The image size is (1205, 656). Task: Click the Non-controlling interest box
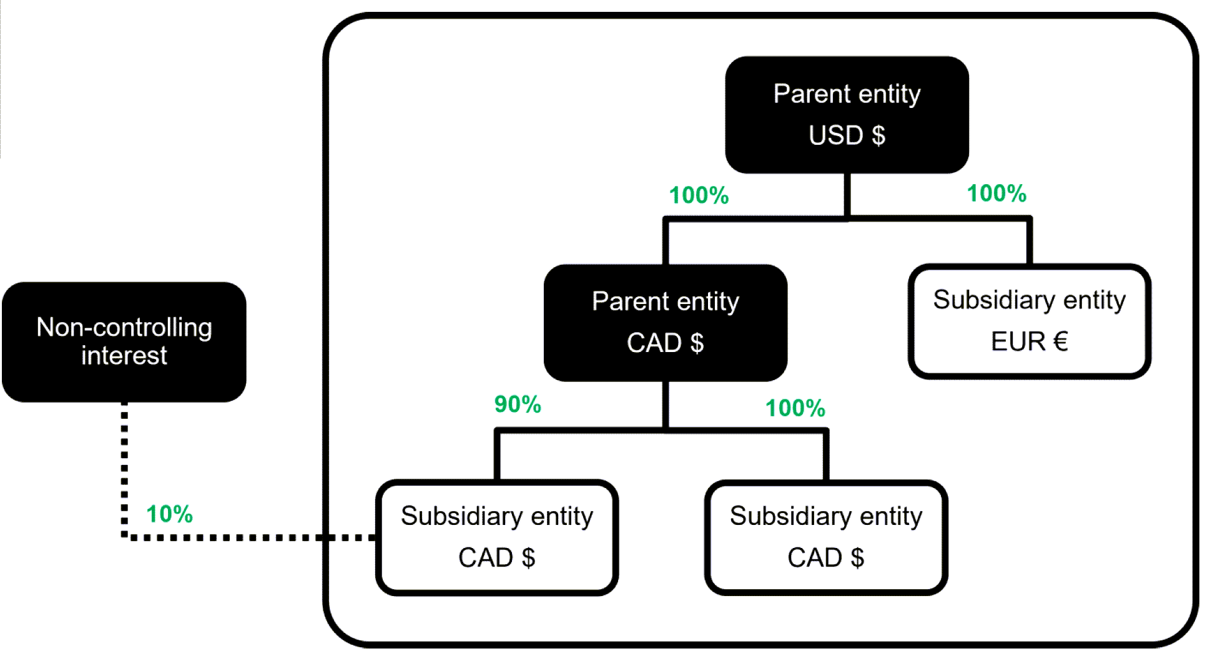(x=124, y=342)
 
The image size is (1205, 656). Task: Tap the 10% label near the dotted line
(x=169, y=514)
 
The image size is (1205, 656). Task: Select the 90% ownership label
(x=518, y=404)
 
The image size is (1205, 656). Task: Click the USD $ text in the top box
(x=847, y=135)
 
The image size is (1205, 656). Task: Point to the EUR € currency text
(x=1029, y=341)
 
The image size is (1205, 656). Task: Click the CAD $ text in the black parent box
(x=665, y=343)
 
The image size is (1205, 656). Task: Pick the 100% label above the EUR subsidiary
(x=996, y=193)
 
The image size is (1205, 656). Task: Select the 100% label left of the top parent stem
(x=699, y=195)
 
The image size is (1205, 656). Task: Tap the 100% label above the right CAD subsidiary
(x=795, y=408)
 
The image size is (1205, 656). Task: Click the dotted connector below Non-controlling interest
(x=124, y=468)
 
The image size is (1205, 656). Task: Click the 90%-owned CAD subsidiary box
(x=496, y=537)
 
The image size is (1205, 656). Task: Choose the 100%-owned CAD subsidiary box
(x=825, y=537)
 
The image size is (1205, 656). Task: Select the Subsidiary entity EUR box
(x=1029, y=321)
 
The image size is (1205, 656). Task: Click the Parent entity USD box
(x=847, y=115)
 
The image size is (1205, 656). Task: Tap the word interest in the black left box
(x=124, y=356)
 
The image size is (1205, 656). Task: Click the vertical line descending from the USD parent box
(x=847, y=195)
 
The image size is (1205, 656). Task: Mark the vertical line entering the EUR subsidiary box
(x=1029, y=242)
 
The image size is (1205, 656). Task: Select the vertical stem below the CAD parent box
(x=665, y=404)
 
